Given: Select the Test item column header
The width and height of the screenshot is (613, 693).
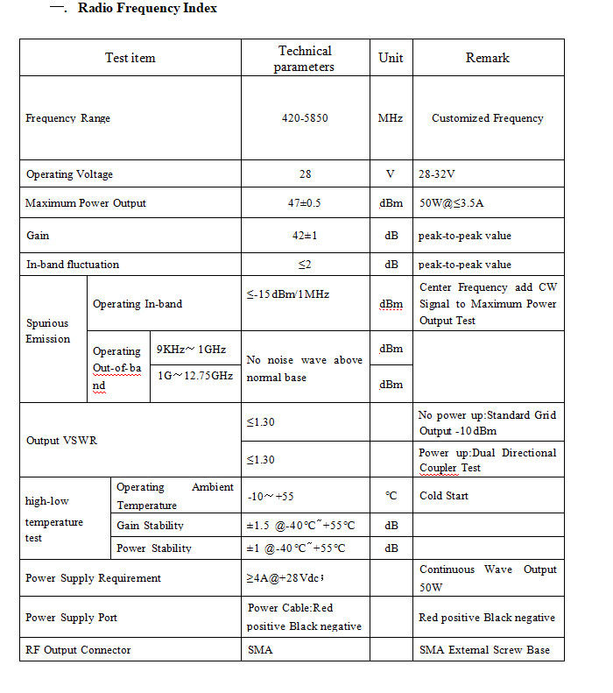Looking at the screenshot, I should click(x=130, y=58).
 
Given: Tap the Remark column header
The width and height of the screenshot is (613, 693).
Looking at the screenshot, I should click(x=488, y=58).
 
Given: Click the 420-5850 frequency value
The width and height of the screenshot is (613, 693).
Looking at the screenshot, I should click(x=306, y=118).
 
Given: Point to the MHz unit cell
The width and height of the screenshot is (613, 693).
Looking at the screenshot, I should click(x=391, y=118).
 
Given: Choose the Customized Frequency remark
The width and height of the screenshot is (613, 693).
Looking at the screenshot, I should click(x=488, y=118).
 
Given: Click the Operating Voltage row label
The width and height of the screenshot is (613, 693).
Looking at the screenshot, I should click(x=70, y=174).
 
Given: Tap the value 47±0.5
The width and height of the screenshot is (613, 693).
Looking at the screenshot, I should click(x=306, y=203).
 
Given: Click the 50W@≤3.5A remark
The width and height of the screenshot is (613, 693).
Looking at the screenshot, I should click(x=452, y=203).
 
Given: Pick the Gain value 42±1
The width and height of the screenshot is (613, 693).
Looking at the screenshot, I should click(x=306, y=236).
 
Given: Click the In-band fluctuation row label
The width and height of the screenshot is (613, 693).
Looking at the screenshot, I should click(x=73, y=265).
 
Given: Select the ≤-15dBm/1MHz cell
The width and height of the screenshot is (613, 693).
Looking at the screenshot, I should click(x=288, y=294).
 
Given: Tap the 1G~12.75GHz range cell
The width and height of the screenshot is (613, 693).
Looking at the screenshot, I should click(x=194, y=375).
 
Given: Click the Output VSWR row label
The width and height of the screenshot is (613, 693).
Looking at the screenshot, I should click(x=61, y=441).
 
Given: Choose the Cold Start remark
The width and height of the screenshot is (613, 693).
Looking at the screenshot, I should click(x=444, y=496).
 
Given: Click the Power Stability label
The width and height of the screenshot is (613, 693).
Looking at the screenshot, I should click(x=154, y=548).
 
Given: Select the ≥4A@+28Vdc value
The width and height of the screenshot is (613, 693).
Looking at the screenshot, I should click(x=286, y=578).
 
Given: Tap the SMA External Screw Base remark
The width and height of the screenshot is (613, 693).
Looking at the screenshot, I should click(x=485, y=650).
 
